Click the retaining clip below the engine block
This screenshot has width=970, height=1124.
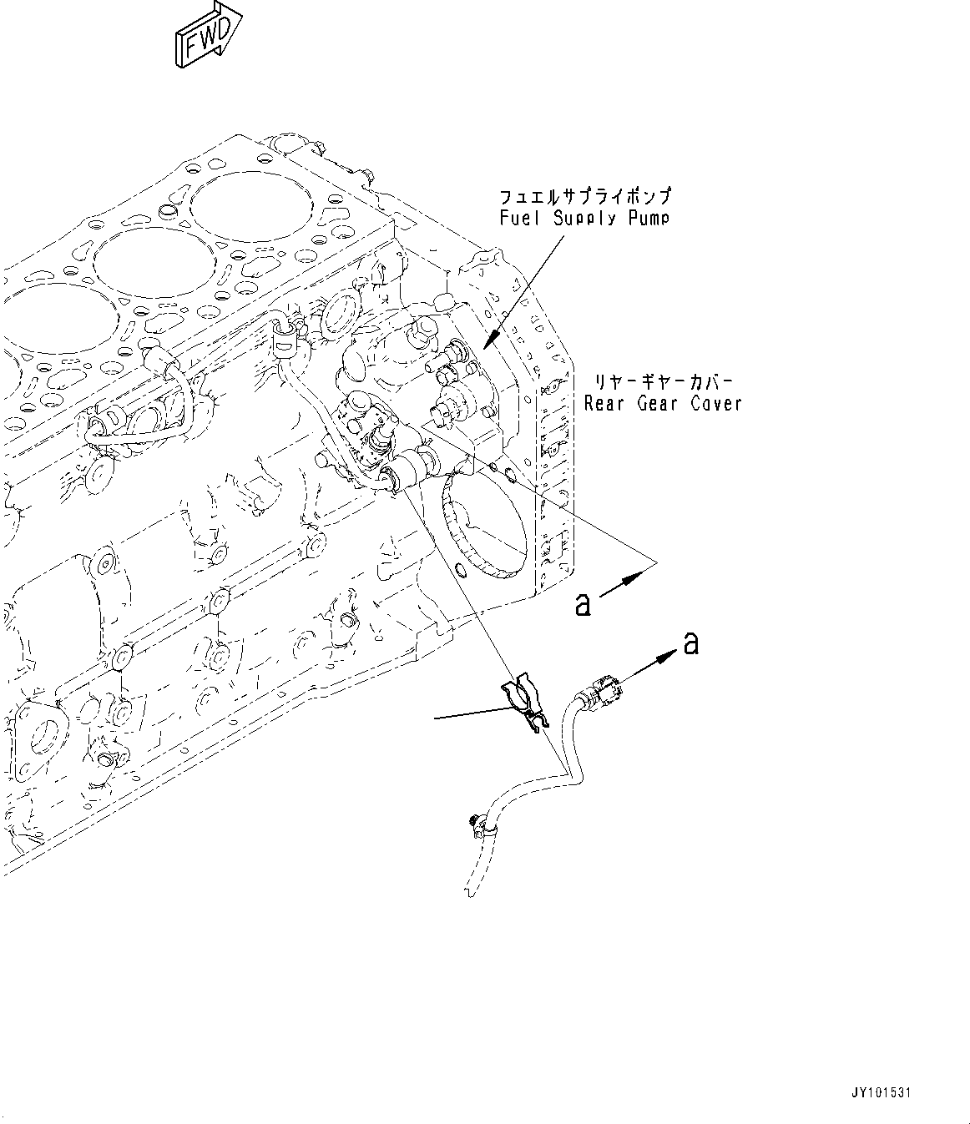point(523,701)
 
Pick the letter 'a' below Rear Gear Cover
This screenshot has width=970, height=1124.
point(582,604)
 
